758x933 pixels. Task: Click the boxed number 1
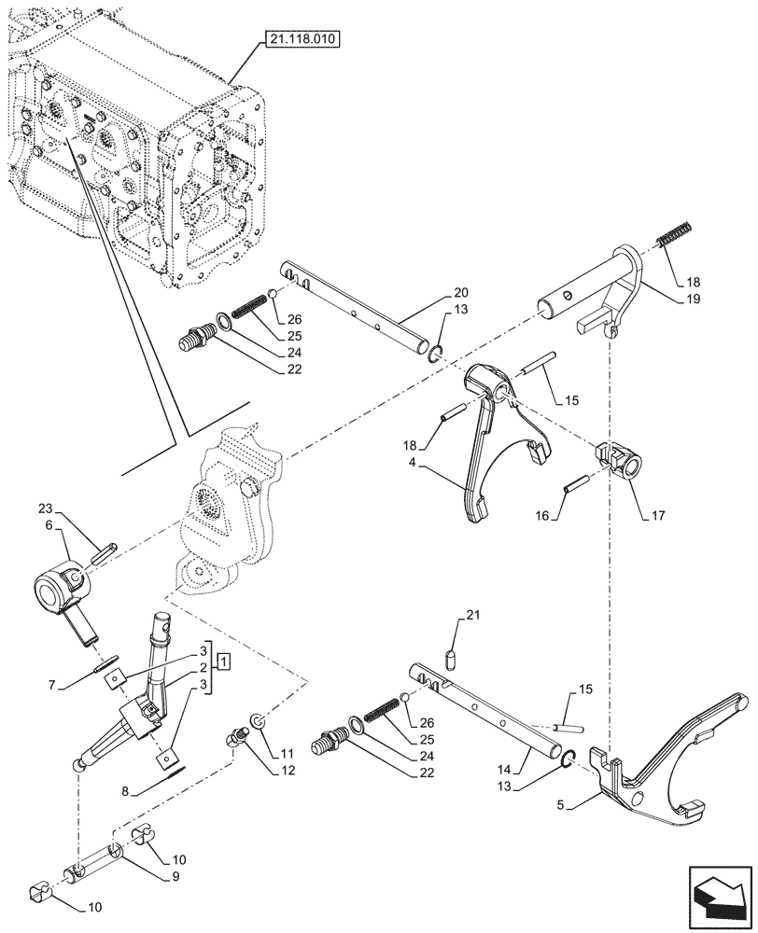225,661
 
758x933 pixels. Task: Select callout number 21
472,615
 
